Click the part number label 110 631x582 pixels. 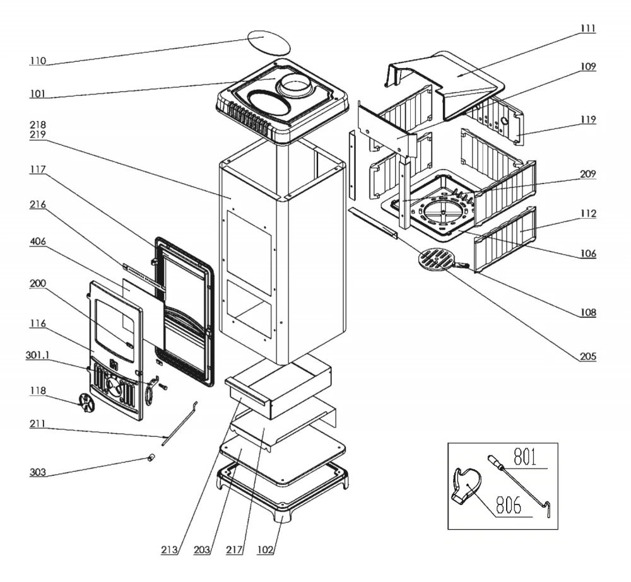(x=38, y=61)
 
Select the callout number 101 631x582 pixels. (x=38, y=95)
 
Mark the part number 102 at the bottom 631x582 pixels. (x=265, y=549)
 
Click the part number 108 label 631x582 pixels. (x=586, y=312)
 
